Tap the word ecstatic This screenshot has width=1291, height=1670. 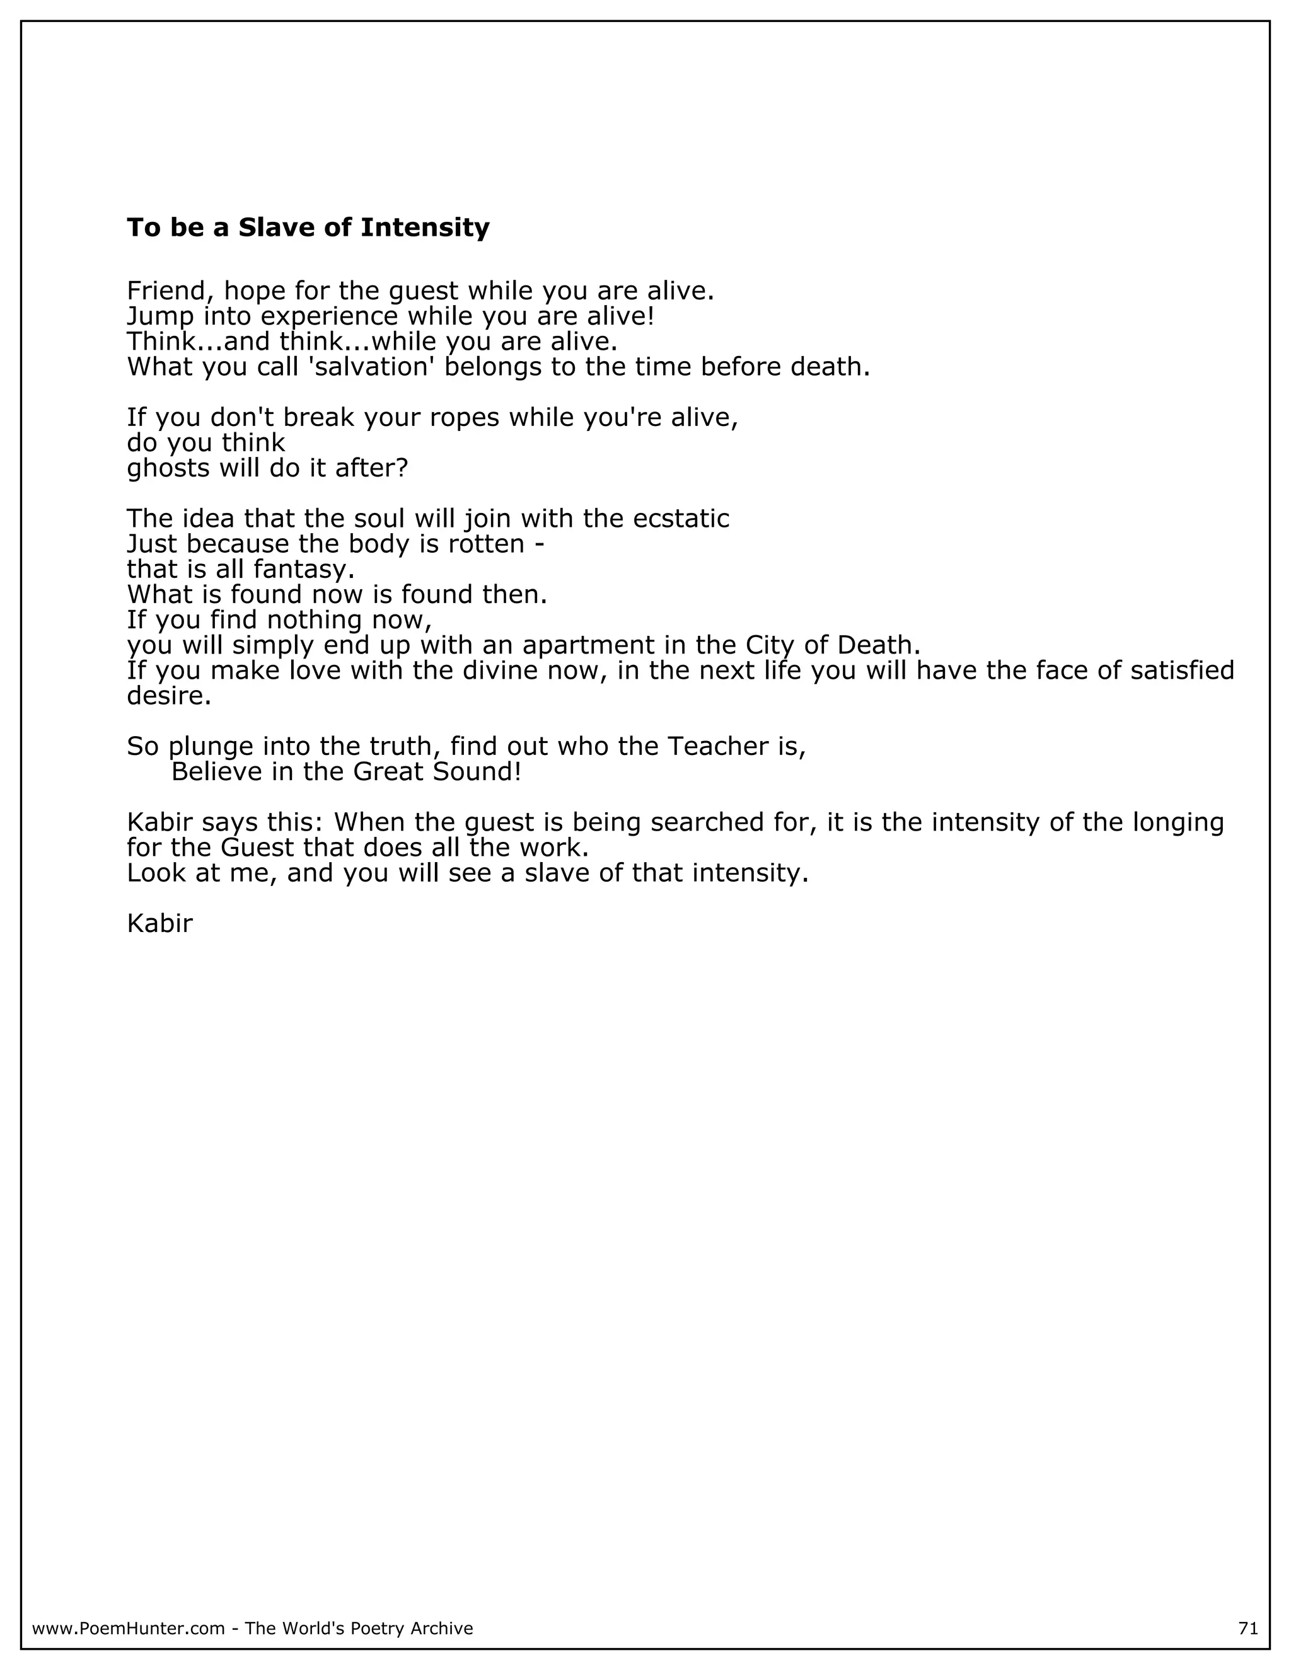(x=681, y=519)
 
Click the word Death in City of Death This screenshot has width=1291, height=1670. (x=878, y=645)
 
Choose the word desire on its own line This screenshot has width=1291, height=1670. (x=168, y=696)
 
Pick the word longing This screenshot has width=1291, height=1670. (x=1178, y=822)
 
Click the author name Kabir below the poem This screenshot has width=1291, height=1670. (x=159, y=924)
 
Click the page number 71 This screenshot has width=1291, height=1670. (x=1248, y=1628)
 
